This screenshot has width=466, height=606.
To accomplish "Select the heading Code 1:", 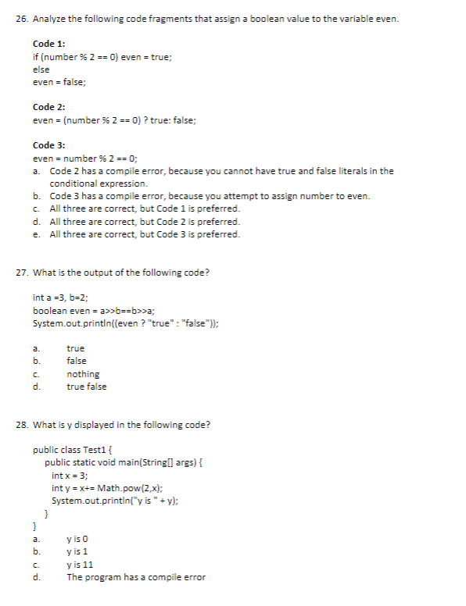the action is (49, 45).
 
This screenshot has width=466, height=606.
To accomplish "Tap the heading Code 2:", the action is (49, 107).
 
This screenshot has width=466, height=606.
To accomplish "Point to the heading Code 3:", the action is (49, 145).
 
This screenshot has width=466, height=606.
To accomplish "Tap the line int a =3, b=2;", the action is (61, 298).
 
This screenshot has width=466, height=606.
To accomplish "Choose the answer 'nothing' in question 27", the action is (83, 374).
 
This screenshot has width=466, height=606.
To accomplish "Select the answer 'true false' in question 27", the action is (87, 387).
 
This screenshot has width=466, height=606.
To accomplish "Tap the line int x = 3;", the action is (70, 476).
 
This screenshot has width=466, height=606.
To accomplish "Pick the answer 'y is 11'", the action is (81, 565).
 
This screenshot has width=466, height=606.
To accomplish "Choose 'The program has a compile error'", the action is (135, 577).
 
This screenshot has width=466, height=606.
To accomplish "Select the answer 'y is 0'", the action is (79, 539).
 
